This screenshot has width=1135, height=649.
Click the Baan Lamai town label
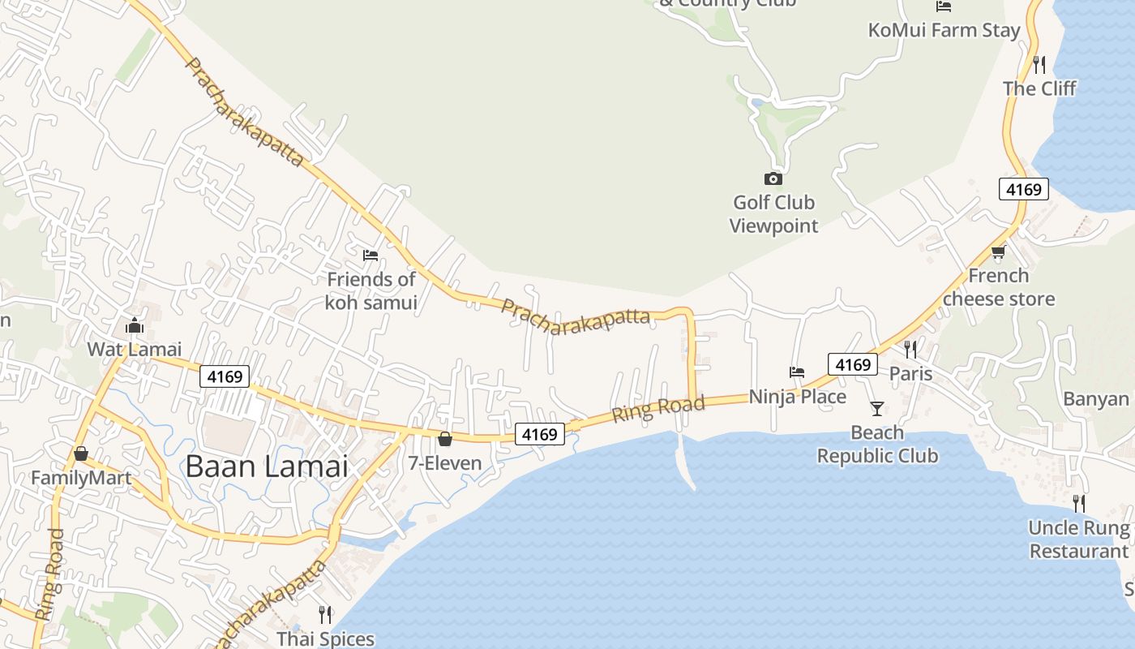[267, 466]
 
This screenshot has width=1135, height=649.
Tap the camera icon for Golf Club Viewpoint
[773, 178]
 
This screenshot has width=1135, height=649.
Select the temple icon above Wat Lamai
[135, 326]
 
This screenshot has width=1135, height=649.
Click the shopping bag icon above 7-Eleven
[445, 440]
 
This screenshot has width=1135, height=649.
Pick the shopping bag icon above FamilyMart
[80, 453]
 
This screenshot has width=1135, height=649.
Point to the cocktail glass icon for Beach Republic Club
[876, 408]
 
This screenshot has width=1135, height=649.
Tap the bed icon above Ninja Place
[797, 372]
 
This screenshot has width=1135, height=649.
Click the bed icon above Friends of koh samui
[370, 255]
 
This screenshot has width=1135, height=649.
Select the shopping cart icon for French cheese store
[998, 252]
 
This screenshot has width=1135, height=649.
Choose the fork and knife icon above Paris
[910, 350]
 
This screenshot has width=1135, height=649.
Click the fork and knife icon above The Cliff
[1039, 63]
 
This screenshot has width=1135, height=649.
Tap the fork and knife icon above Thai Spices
[325, 614]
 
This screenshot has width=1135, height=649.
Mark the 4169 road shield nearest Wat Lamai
[225, 376]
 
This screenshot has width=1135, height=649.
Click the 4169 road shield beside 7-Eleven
[540, 435]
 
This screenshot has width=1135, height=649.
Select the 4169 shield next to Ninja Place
[853, 365]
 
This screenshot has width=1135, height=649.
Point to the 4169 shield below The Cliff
[1023, 190]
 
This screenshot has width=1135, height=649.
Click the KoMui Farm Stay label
[944, 31]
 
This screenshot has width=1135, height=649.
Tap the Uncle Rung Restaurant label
[1078, 539]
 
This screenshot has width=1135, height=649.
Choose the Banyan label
[1096, 398]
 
